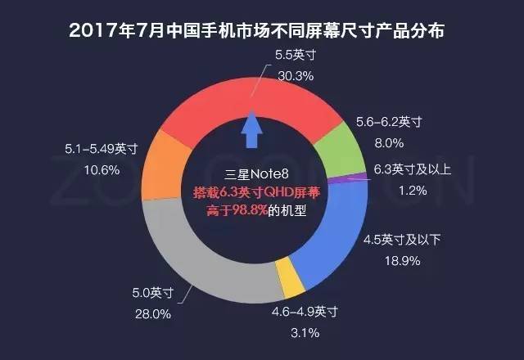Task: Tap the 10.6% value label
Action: point(103,169)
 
